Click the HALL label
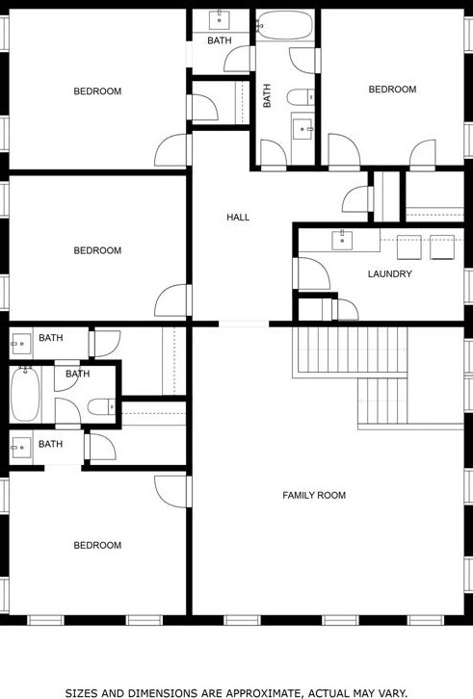coord(238,218)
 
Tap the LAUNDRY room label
coord(389,274)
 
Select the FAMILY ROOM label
coord(313,496)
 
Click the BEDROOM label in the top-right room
coord(392,90)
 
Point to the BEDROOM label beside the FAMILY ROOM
coord(97,545)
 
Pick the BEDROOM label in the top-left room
coord(97,91)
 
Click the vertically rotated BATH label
coord(268,95)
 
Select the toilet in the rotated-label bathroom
coord(302,94)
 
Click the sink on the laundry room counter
coord(341,239)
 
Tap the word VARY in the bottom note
coord(392,692)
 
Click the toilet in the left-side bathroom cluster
coord(100,407)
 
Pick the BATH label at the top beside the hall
coord(219,40)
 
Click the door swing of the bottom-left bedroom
coord(170,489)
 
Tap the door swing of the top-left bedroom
coord(174,150)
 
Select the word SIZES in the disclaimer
coord(83,692)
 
